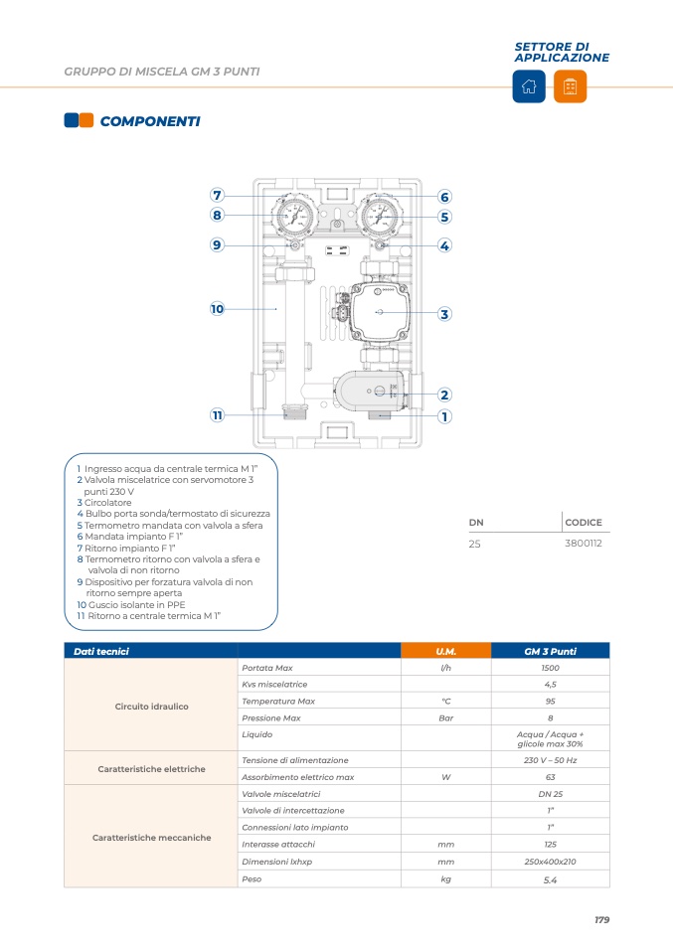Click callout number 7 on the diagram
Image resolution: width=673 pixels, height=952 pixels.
(217, 195)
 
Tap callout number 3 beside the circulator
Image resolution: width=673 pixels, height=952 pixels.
(444, 314)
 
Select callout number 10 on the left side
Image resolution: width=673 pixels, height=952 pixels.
(217, 309)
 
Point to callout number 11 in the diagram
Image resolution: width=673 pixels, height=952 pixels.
(217, 415)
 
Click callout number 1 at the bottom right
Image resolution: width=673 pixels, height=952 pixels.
(444, 416)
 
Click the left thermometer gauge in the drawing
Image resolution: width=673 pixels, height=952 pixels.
(295, 215)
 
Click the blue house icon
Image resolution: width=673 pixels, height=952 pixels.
(528, 86)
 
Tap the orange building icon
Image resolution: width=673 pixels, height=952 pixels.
(570, 86)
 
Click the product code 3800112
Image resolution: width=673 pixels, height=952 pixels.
(584, 544)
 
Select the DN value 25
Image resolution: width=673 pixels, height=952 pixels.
(475, 544)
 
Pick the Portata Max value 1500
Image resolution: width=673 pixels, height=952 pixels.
(550, 668)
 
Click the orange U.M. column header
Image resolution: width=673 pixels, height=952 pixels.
(445, 651)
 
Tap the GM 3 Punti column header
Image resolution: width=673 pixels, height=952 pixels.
(550, 651)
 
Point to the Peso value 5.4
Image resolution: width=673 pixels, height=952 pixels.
(550, 879)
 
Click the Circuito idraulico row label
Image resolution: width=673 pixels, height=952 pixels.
(151, 707)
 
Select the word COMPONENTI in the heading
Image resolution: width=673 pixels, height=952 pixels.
(150, 121)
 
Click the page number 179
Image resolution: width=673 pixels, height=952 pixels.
(601, 920)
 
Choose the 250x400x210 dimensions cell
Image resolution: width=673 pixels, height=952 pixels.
(550, 862)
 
